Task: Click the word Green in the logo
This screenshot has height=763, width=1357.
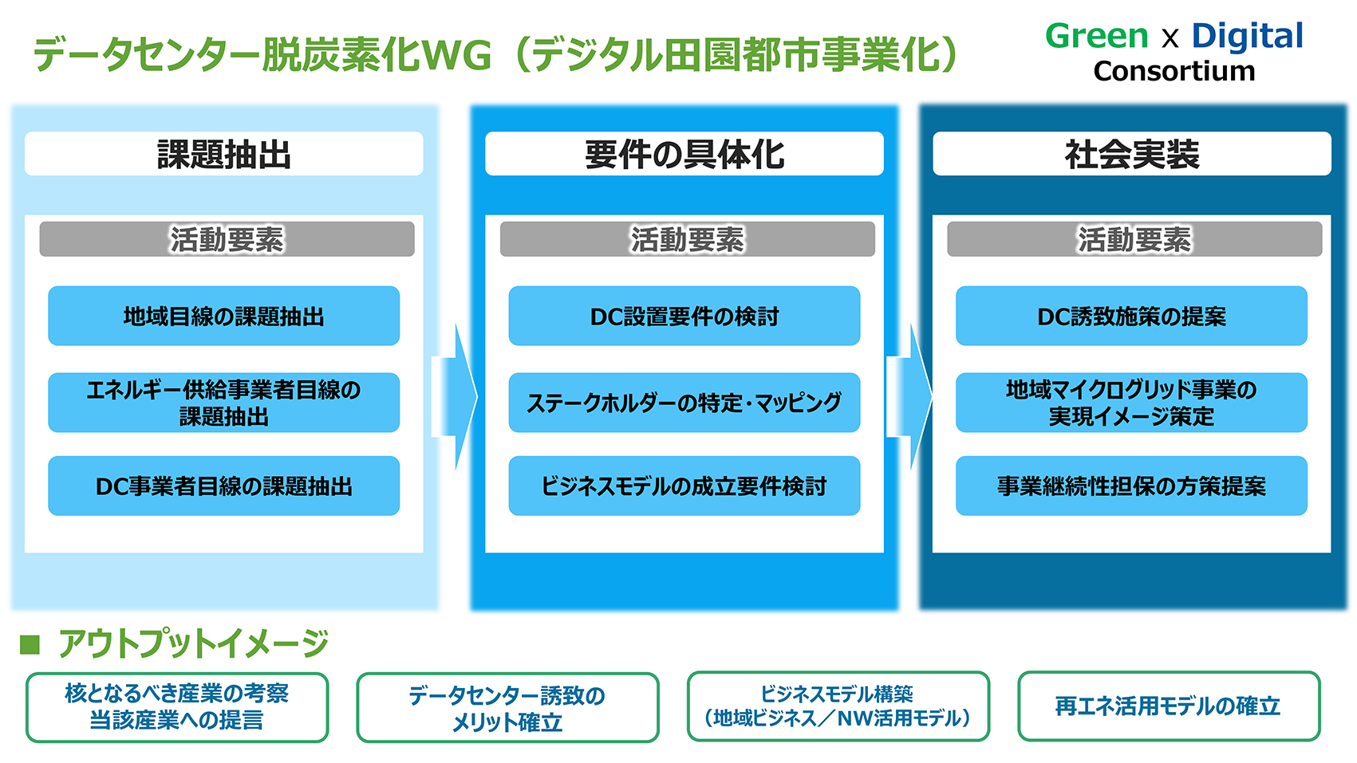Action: (1096, 36)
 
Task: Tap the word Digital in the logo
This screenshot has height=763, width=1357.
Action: (1248, 36)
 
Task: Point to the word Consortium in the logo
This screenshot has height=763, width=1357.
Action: (1174, 72)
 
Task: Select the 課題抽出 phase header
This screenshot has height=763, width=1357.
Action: (223, 154)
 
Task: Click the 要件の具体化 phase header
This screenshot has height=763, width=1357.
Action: (684, 154)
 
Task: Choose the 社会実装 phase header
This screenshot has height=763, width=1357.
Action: (1132, 154)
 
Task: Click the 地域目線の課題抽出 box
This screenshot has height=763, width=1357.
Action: (223, 316)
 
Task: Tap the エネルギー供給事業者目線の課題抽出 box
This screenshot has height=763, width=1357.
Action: (223, 403)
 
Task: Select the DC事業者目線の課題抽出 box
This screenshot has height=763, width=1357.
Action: (223, 486)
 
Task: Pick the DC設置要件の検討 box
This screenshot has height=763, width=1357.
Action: (684, 316)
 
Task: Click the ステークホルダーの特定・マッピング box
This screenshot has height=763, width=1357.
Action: (684, 403)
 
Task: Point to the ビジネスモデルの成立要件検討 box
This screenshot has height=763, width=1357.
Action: (684, 486)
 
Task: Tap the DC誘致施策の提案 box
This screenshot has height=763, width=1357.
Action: (1132, 316)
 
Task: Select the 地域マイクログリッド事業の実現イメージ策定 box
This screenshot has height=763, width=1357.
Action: (1132, 403)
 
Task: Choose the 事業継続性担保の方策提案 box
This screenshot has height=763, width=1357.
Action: (1132, 486)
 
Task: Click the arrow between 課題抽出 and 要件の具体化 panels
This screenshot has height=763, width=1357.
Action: (456, 397)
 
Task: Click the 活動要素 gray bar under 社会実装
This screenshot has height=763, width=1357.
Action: (1134, 239)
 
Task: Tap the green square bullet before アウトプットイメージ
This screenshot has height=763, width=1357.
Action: (30, 645)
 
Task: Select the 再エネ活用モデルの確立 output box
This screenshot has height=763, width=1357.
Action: (1169, 706)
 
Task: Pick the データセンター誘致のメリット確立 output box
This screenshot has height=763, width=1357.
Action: (507, 707)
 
